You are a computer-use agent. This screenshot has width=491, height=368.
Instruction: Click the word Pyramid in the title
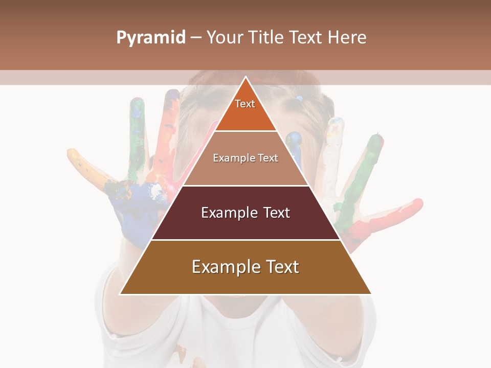151,38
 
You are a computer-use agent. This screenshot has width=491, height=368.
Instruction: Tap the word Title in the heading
268,38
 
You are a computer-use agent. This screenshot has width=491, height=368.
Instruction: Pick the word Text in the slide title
307,38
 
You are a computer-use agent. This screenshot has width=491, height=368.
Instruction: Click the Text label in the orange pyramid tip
245,104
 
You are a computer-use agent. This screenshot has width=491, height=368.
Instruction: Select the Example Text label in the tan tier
245,158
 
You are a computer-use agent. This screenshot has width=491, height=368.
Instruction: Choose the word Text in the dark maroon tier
277,213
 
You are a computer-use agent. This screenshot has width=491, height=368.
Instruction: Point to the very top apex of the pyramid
245,78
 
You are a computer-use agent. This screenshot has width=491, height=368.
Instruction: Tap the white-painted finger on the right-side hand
331,148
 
